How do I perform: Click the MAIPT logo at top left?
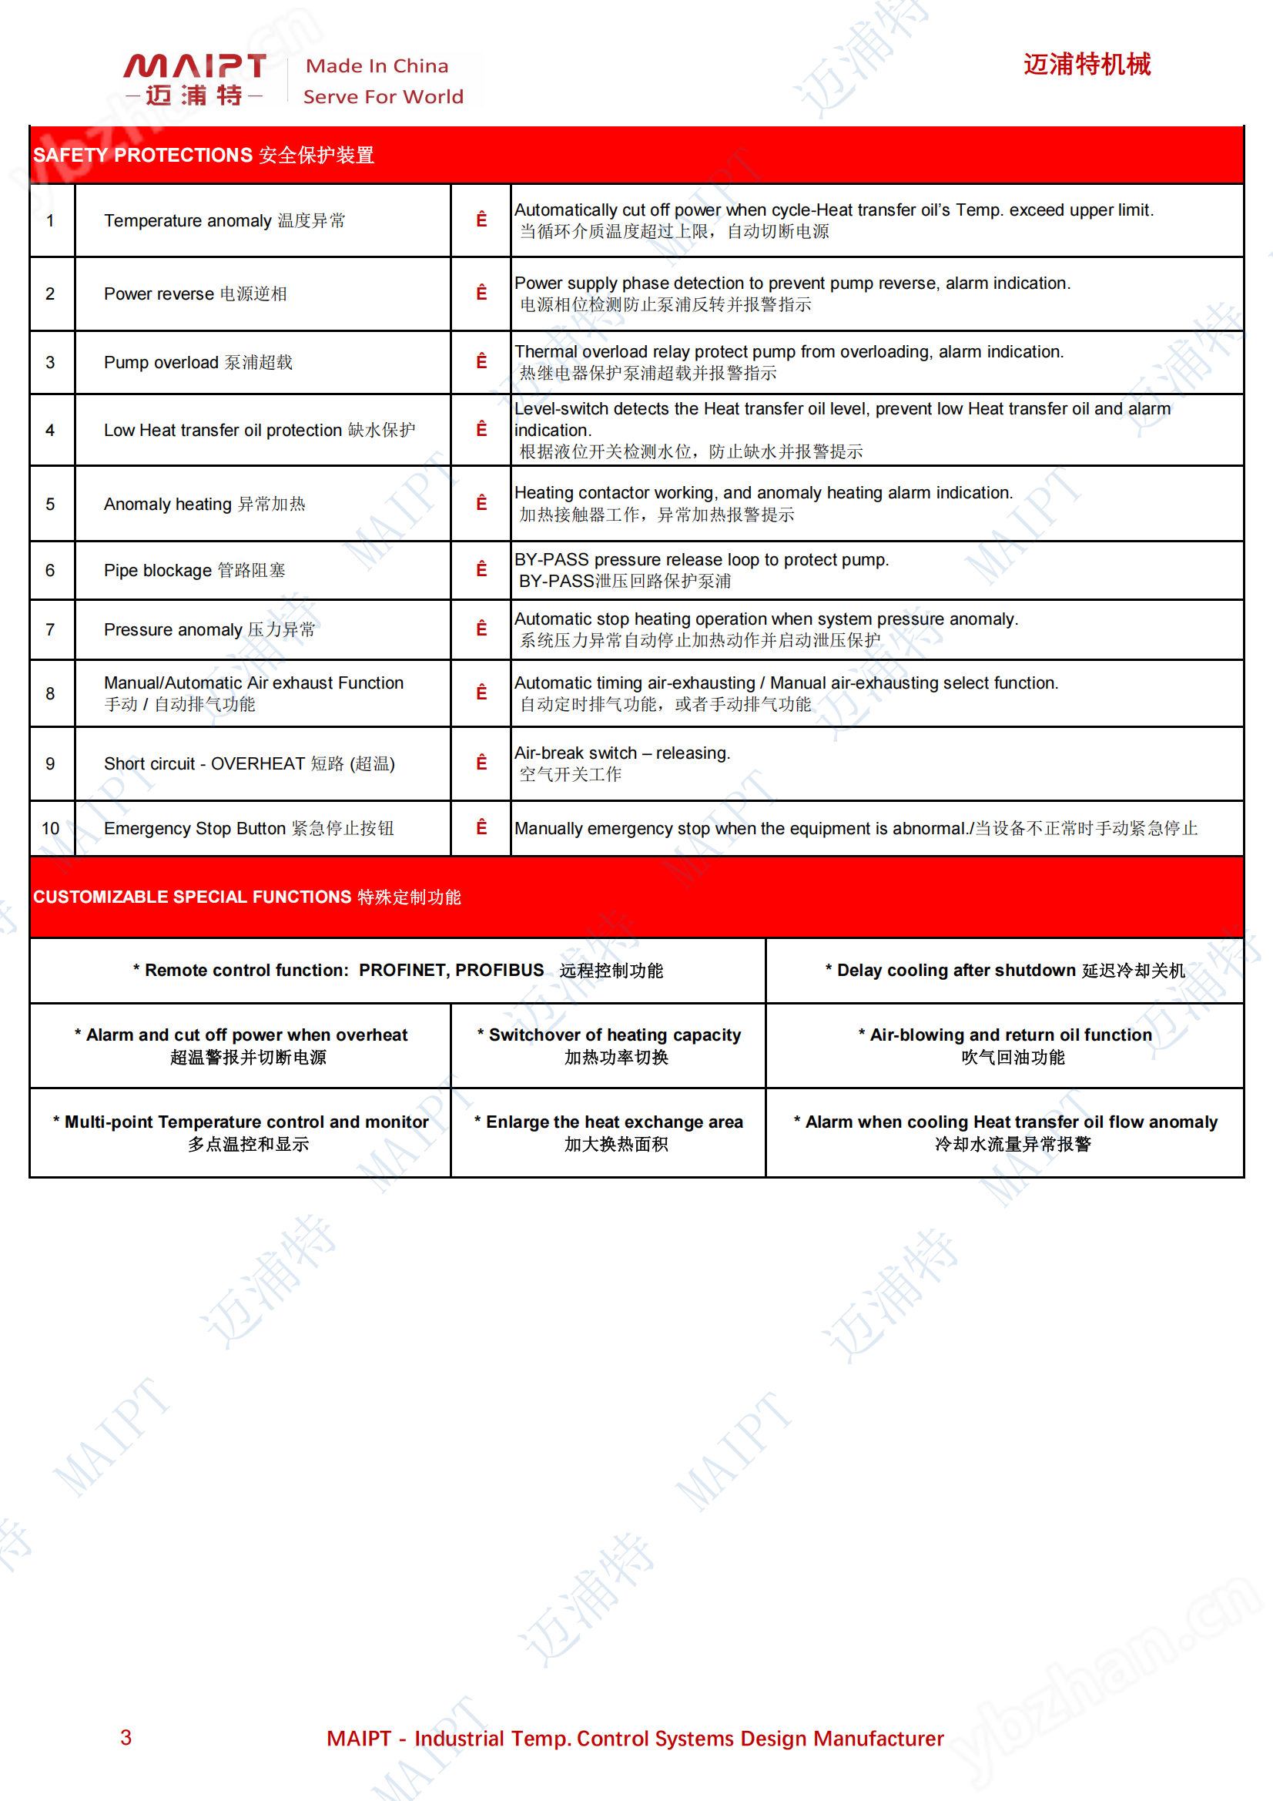coord(195,79)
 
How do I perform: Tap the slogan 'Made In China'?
coord(377,66)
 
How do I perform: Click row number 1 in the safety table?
coord(50,221)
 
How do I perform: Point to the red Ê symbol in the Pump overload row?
coord(481,361)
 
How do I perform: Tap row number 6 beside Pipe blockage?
coord(50,570)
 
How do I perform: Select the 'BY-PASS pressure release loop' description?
coord(702,560)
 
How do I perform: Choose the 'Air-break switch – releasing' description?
coord(622,753)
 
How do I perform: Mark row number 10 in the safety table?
coord(50,828)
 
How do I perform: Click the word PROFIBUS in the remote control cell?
coord(499,971)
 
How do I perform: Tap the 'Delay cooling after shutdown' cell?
coord(1004,971)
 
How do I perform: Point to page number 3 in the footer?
coord(126,1738)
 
